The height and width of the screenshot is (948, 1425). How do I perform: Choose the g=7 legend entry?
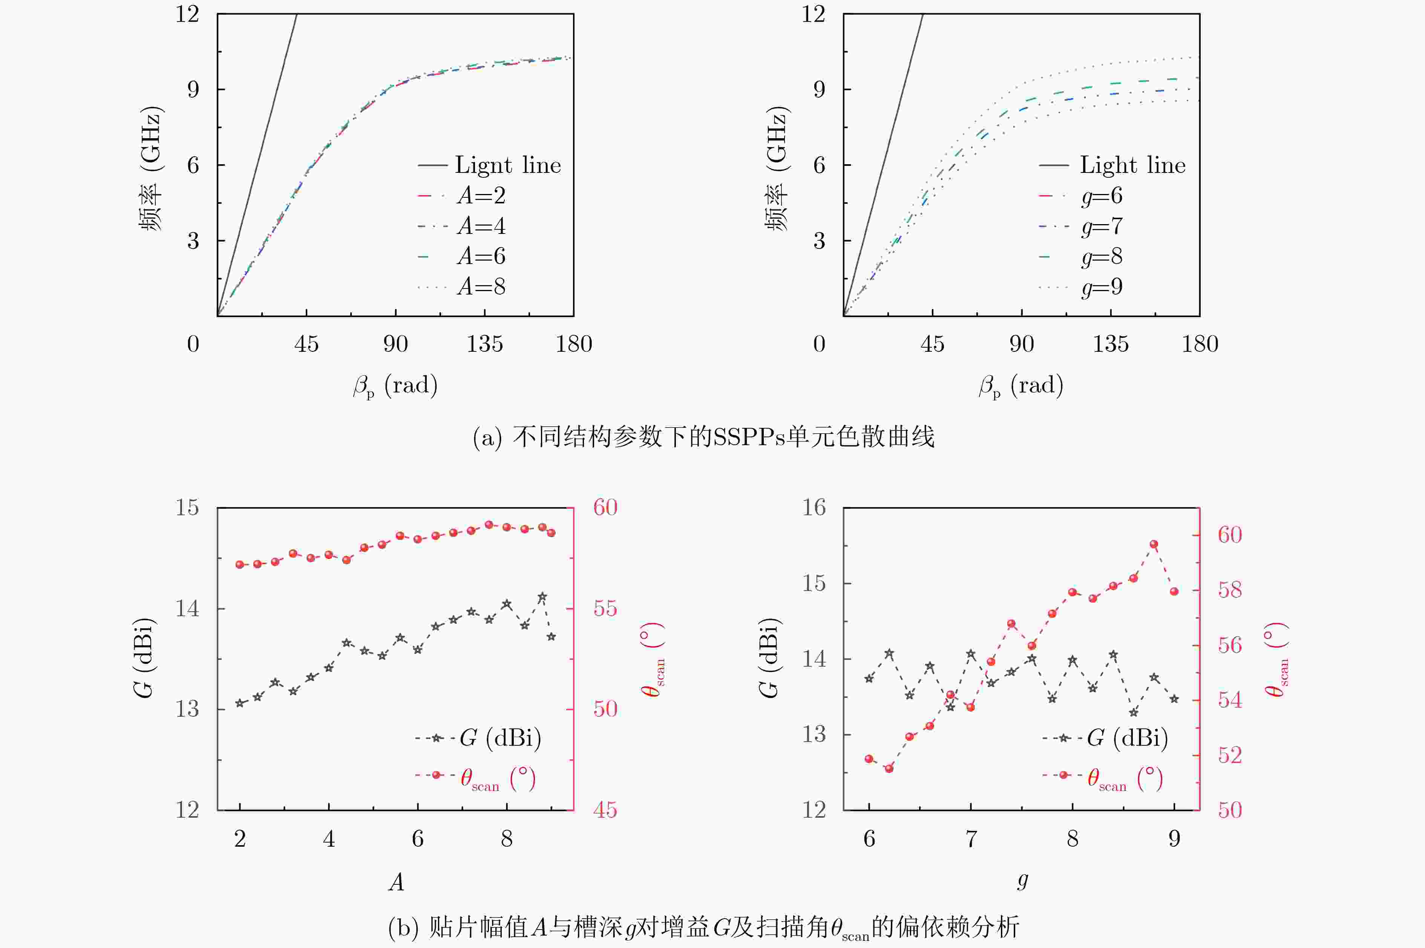click(1081, 226)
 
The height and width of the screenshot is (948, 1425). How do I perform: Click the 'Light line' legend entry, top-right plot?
click(1112, 165)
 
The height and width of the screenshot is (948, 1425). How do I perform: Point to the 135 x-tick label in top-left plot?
click(485, 344)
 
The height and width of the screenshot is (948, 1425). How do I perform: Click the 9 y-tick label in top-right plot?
click(819, 90)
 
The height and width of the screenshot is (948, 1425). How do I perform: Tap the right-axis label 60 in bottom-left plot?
click(605, 507)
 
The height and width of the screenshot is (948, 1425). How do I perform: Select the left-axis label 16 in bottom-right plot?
click(814, 507)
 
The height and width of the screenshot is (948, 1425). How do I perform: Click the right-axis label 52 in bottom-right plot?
click(1230, 755)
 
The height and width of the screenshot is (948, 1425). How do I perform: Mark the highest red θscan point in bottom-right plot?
click(1154, 544)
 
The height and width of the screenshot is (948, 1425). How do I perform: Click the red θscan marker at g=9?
click(1174, 591)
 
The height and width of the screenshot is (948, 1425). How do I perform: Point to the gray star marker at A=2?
click(240, 703)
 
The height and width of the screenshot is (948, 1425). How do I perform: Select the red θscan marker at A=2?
click(240, 565)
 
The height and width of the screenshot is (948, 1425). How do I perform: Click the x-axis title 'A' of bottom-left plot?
click(396, 883)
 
